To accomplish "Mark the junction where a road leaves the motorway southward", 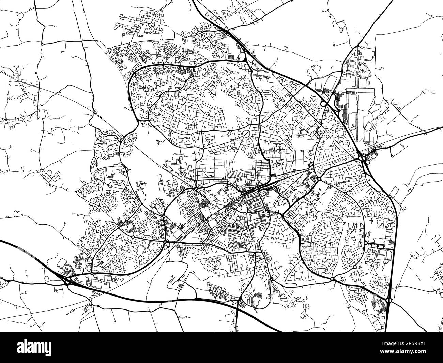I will pos(239,302).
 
